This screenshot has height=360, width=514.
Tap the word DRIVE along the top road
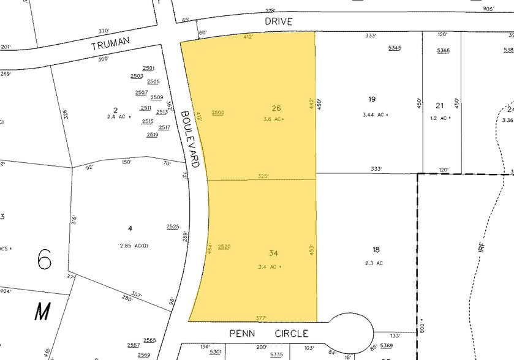[279, 21]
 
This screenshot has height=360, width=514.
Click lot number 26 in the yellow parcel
[276, 108]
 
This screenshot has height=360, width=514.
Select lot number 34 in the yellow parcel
[273, 253]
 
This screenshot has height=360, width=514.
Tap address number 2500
[217, 113]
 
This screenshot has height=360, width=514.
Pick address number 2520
[224, 246]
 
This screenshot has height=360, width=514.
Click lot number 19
[372, 99]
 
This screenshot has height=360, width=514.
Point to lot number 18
[376, 249]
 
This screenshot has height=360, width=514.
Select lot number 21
[439, 105]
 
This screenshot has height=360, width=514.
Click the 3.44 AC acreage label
[374, 114]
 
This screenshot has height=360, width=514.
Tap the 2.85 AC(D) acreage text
[133, 246]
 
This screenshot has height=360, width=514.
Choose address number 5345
[395, 48]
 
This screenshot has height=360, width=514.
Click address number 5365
[443, 50]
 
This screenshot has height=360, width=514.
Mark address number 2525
[172, 227]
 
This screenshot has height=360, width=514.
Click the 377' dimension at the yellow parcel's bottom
[261, 318]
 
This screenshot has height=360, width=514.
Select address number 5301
[215, 351]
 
